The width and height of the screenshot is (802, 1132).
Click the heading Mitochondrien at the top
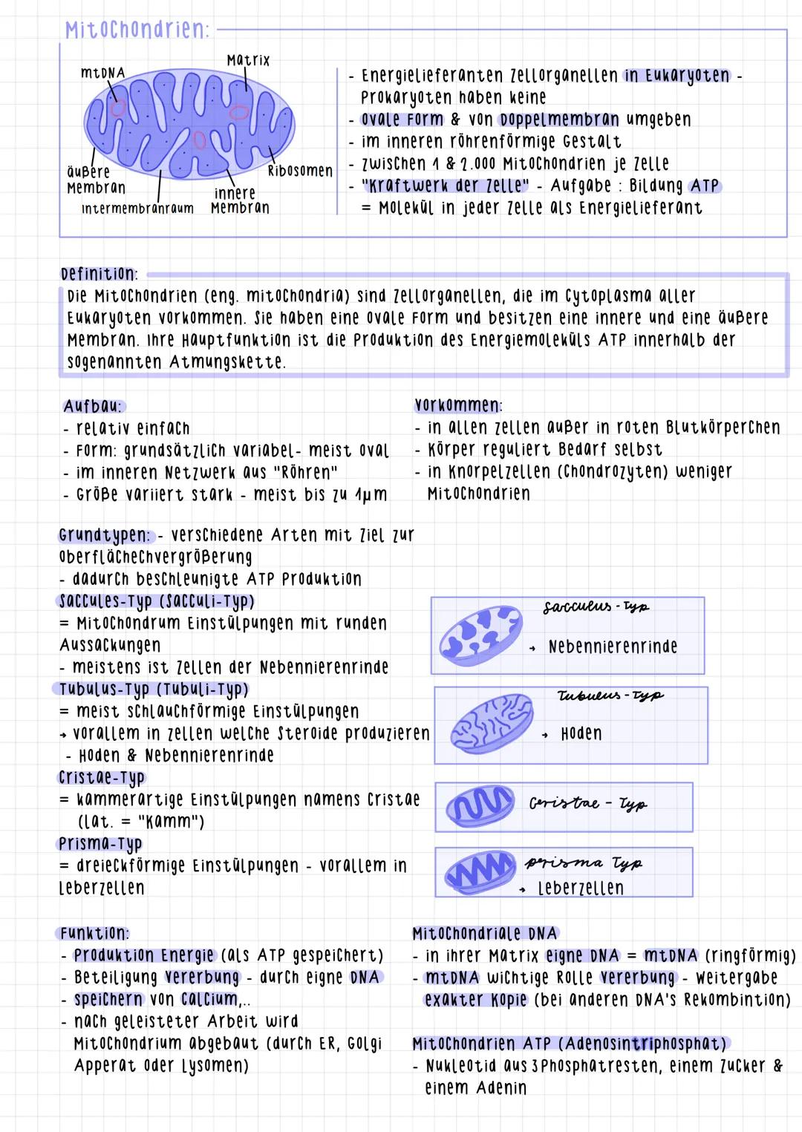(137, 30)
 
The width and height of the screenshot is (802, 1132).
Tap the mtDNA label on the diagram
(102, 73)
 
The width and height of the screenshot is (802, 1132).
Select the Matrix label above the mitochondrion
(248, 59)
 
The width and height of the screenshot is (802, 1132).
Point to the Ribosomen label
(299, 171)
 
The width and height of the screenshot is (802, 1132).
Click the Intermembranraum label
(137, 209)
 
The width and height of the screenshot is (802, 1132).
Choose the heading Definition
(98, 273)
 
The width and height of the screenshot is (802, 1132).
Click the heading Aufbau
(94, 406)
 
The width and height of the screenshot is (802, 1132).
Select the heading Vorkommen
(457, 405)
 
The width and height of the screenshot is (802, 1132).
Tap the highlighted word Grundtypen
(105, 534)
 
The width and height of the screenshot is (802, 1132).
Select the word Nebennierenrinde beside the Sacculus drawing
(613, 647)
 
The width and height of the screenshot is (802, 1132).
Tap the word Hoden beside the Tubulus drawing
(581, 733)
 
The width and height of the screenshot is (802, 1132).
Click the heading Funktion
(94, 933)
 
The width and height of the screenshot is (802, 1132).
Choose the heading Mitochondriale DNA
(484, 933)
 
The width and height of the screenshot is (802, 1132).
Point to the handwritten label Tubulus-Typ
(610, 696)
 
